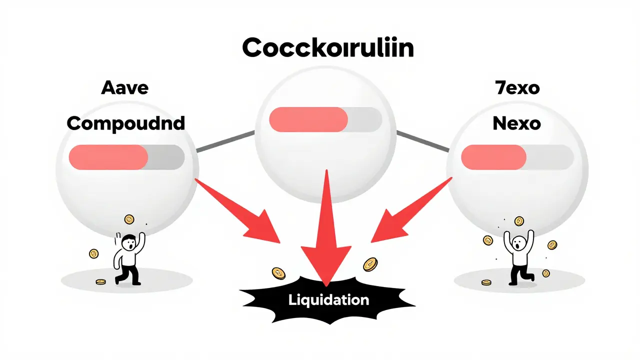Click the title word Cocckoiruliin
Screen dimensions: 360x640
[x=327, y=48]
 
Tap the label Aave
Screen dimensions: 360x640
[x=124, y=87]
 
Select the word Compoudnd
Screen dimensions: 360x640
[x=125, y=122]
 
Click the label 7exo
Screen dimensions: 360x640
[x=516, y=88]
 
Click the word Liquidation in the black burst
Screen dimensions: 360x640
[x=328, y=300]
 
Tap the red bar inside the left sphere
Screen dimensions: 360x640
[x=108, y=157]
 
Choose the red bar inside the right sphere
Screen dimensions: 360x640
[x=493, y=157]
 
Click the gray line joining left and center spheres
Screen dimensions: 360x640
[x=225, y=141]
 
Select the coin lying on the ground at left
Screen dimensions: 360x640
[x=101, y=282]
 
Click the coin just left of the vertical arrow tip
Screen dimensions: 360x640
[x=278, y=273]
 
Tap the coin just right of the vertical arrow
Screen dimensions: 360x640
[x=370, y=264]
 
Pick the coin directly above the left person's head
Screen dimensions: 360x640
[x=129, y=218]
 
